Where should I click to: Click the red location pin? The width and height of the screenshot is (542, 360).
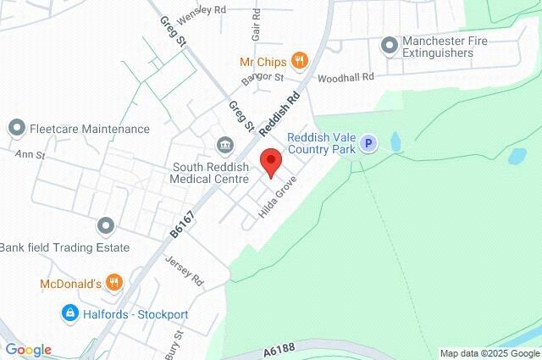[x=270, y=161]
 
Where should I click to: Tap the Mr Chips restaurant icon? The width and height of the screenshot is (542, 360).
[x=298, y=60]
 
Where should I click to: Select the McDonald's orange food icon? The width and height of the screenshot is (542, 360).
[x=115, y=282]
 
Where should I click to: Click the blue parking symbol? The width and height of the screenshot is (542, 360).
[x=368, y=144]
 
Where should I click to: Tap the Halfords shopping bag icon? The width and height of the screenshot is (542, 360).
[x=71, y=313]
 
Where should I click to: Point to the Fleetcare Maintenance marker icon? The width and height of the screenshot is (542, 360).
[x=16, y=129]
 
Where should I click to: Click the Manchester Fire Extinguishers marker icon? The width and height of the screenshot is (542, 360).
[x=389, y=45]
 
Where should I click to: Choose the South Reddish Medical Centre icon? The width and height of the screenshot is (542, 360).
[x=224, y=144]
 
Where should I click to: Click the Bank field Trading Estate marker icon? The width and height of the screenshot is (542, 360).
[x=105, y=226]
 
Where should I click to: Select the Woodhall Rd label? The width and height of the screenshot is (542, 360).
[x=345, y=77]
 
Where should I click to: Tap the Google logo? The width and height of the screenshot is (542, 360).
[x=27, y=350]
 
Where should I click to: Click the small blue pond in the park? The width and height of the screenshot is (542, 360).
[x=515, y=156]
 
